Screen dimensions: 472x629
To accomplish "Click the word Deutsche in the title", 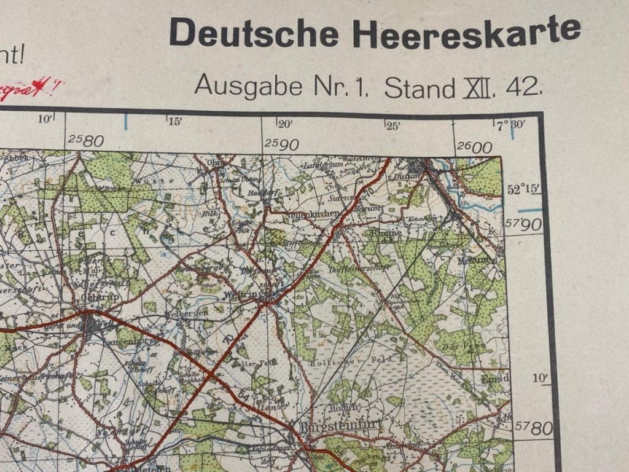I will point(255,34).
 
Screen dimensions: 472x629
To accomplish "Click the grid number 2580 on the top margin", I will point(86,141).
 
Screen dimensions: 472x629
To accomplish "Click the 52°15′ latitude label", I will point(522,190).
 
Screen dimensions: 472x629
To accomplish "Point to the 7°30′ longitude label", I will point(511,125).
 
